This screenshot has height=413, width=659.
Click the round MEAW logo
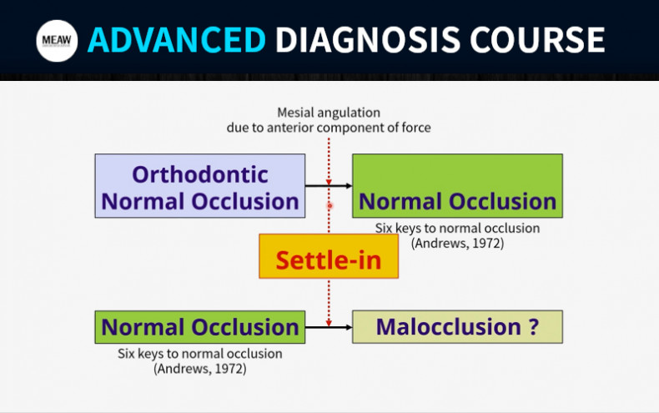pos(57,40)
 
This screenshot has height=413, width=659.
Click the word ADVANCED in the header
pos(177,40)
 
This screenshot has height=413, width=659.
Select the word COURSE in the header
pos(537,40)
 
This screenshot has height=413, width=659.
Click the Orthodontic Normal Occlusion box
pos(200,186)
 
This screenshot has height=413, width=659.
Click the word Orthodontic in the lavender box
pos(200,174)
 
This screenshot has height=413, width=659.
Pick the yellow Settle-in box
pos(329,256)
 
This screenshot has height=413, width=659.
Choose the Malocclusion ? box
pos(457,327)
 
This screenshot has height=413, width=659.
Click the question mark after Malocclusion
pos(533,326)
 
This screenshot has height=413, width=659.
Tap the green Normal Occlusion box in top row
pos(457,186)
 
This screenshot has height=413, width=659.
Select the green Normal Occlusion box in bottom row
pos(200,327)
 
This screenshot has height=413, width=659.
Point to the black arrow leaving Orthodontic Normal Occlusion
pos(329,185)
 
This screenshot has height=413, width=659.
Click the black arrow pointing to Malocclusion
pos(329,327)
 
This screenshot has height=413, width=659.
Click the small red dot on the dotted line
pos(330,205)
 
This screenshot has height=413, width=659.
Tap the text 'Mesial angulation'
pos(329,113)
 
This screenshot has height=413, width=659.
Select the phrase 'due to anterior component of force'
pos(329,128)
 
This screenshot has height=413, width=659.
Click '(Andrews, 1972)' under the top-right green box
pos(457,243)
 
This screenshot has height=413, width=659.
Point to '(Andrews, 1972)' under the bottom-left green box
pos(200,369)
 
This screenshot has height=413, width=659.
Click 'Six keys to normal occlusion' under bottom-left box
pos(200,354)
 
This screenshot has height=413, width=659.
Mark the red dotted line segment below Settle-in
pos(329,303)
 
